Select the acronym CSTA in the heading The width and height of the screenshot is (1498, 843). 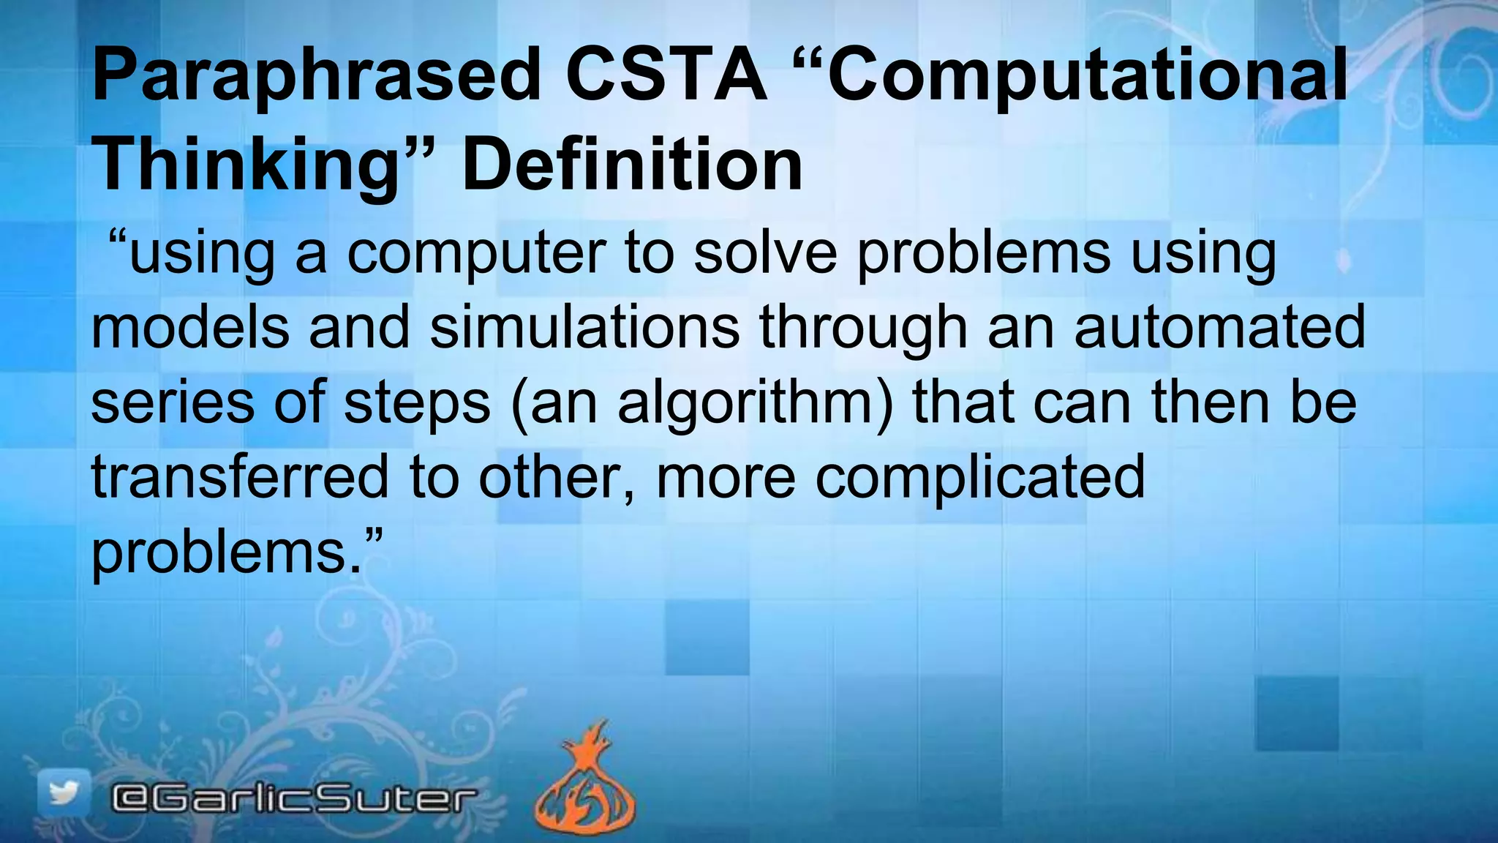pos(666,75)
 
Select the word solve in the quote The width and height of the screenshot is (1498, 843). pos(765,253)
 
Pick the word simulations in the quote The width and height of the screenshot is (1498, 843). pos(585,327)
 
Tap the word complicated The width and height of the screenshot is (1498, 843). pos(980,476)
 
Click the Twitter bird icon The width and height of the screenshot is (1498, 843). pos(64,794)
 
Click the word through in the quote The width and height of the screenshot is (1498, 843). pos(864,327)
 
